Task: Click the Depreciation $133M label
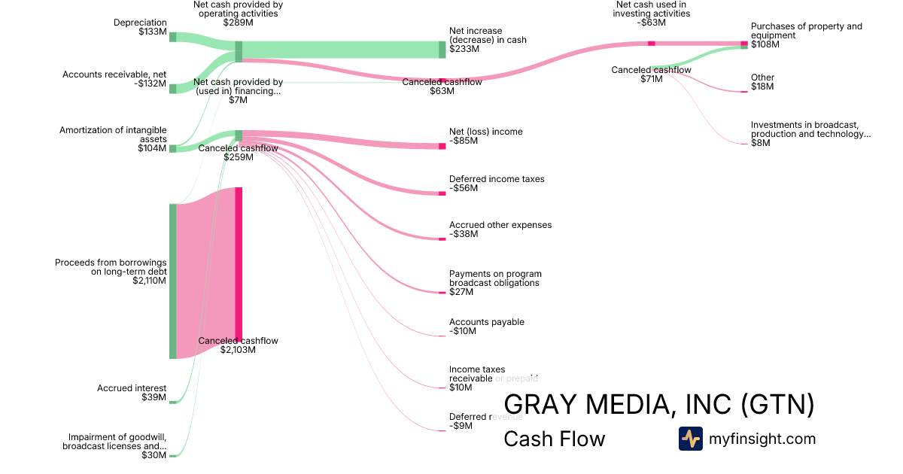coord(141,27)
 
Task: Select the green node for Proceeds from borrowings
coord(172,281)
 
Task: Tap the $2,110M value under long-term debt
coord(149,281)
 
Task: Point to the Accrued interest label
coord(132,388)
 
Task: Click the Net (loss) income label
coord(485,132)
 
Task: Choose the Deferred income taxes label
coord(497,179)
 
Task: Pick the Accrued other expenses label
coord(500,225)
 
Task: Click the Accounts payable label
coord(487,322)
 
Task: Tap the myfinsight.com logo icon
coord(690,439)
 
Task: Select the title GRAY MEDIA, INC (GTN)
coord(658,405)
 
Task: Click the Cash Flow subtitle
coord(554,439)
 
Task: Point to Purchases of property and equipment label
coord(806,31)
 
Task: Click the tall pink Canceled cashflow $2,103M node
coord(239,263)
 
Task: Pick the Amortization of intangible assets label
coord(114,135)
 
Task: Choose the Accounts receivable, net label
coord(114,74)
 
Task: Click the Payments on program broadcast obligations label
coord(495,278)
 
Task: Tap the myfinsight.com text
coord(762,439)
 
